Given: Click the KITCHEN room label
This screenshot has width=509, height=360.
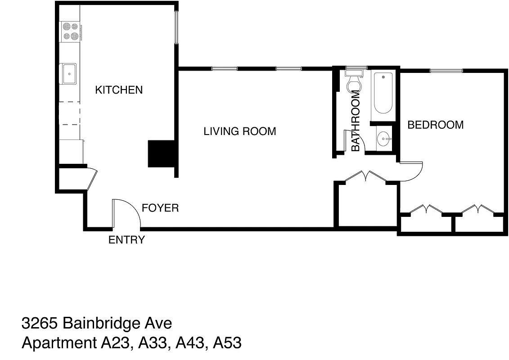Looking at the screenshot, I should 119,90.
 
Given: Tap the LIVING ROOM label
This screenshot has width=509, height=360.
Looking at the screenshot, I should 239,131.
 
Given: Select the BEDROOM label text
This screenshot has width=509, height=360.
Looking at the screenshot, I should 435,125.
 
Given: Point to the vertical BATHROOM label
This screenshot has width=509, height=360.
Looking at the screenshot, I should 356,121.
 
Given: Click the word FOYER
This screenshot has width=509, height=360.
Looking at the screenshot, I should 160,208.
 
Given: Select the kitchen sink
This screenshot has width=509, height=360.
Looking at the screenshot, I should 69,73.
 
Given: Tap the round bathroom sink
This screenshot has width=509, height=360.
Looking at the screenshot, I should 383,139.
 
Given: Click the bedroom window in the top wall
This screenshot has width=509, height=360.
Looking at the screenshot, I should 446,70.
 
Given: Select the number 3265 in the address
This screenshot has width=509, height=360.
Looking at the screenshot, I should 40,323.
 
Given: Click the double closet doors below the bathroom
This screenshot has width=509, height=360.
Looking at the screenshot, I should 365,176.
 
